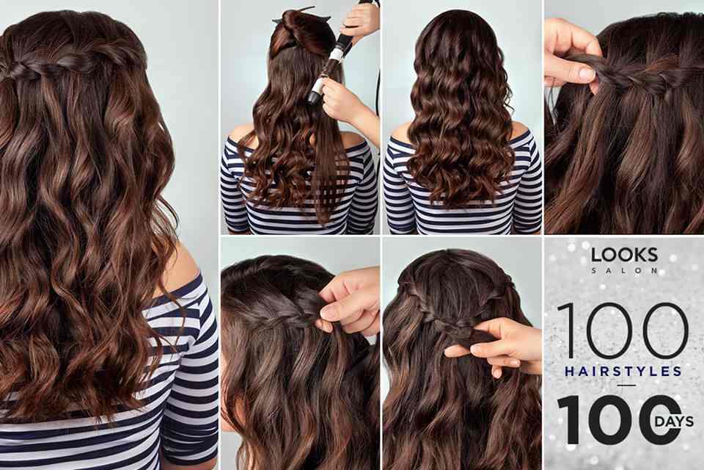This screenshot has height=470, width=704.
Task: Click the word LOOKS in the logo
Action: click(624, 255)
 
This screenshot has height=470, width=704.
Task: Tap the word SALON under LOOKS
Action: click(625, 270)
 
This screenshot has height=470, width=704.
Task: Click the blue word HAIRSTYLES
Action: click(623, 372)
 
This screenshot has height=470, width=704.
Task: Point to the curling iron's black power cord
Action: click(378, 104)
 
